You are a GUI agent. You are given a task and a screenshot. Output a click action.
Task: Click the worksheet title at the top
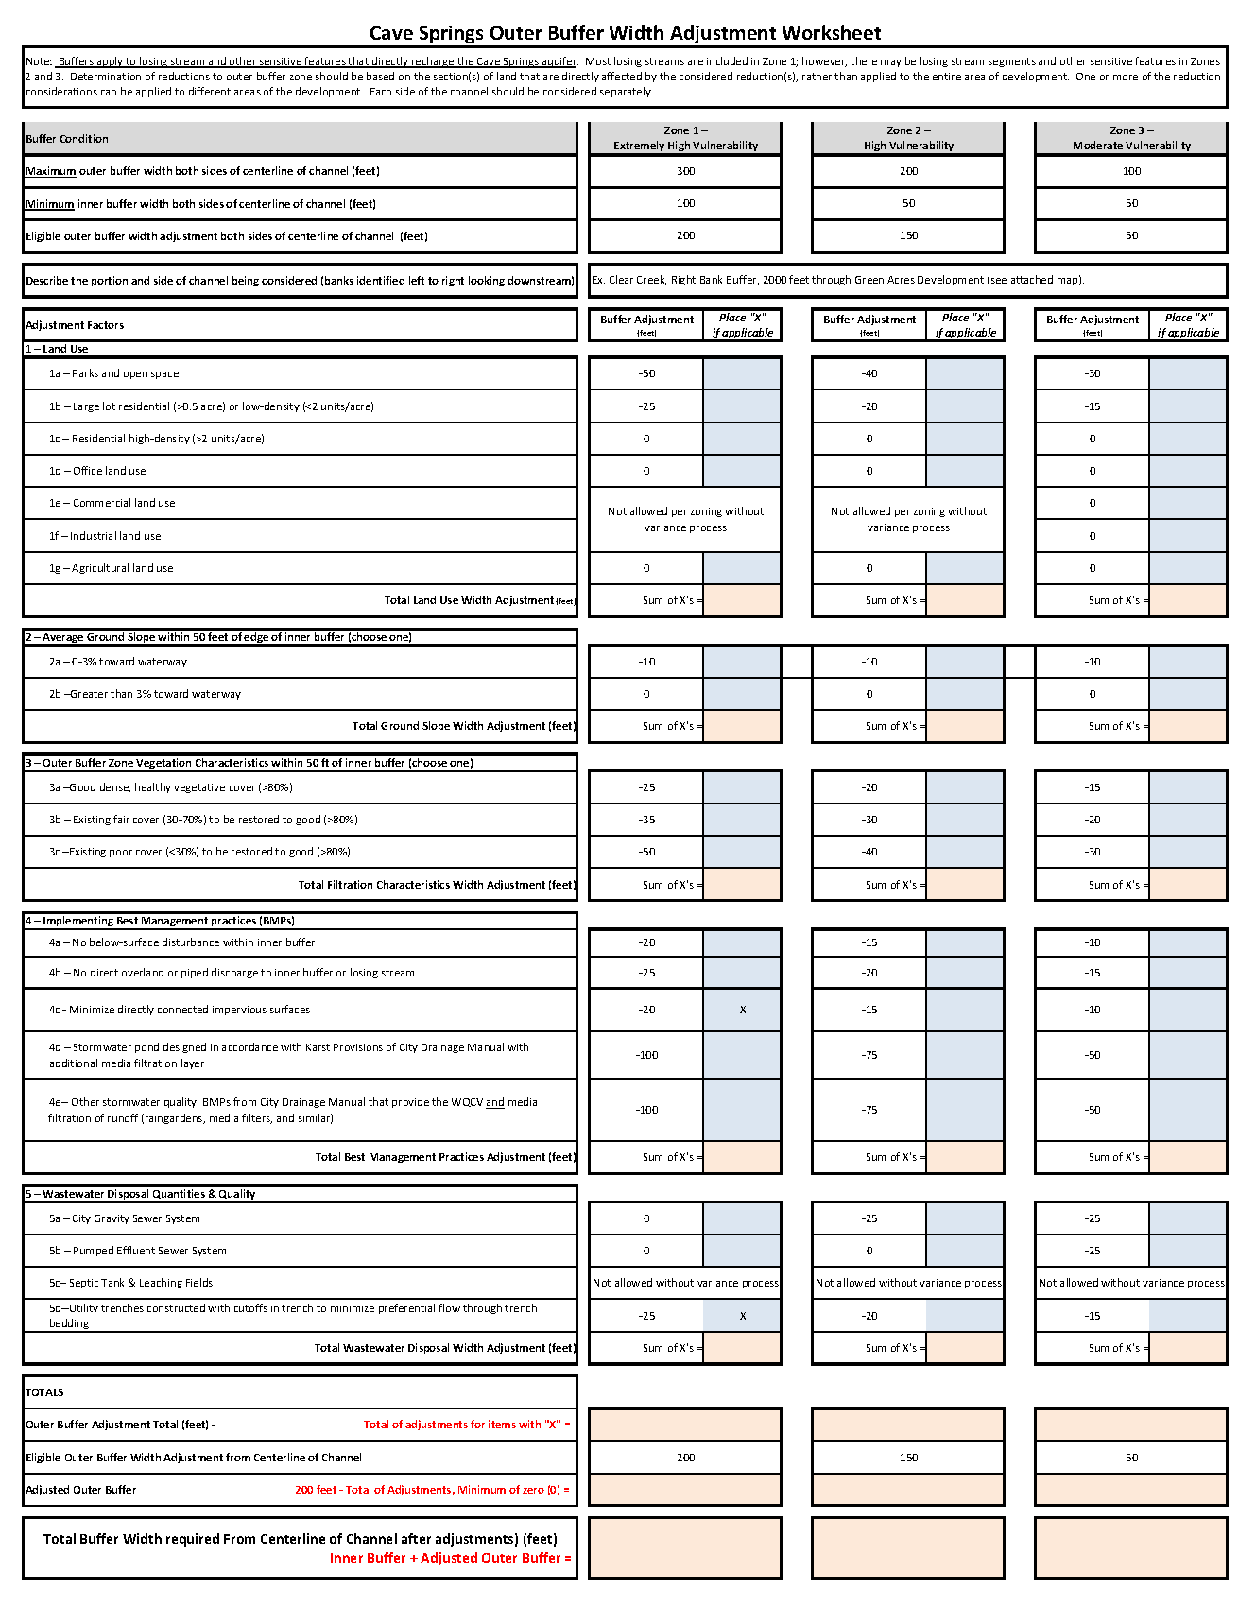tap(625, 33)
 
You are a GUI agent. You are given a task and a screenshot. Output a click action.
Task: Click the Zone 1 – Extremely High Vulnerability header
tap(685, 138)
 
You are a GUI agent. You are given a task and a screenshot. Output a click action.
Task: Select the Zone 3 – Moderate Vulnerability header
tap(1131, 138)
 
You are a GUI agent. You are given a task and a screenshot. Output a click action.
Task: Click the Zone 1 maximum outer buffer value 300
tap(685, 171)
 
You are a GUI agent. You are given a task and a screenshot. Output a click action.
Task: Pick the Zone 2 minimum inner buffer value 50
tap(908, 203)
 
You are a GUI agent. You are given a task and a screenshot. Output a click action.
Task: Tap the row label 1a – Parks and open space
tap(113, 373)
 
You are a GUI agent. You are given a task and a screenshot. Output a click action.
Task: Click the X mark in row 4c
tap(743, 1010)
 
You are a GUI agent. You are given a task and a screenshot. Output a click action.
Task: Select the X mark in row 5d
tap(743, 1316)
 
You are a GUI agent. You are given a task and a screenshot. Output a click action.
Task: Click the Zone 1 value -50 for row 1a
tap(646, 373)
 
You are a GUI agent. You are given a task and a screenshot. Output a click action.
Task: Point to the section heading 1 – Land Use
tap(57, 349)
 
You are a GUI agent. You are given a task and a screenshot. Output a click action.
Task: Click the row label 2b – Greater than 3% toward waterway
tap(145, 694)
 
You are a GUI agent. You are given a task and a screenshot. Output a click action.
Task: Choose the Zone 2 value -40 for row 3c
tap(869, 852)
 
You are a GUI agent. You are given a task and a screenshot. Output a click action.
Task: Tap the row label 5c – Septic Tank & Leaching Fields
tap(130, 1283)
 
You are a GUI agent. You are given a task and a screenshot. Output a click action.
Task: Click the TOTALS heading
tap(44, 1392)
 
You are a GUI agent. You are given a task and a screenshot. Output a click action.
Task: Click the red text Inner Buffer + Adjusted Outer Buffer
tap(450, 1558)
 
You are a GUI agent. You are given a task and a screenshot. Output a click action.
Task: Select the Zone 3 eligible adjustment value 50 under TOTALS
tap(1131, 1458)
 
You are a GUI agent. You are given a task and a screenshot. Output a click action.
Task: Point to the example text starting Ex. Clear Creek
tap(837, 280)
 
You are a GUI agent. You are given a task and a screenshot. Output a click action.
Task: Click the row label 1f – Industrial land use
tap(105, 536)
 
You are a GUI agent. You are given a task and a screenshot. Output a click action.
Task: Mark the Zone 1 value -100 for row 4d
tap(646, 1055)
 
